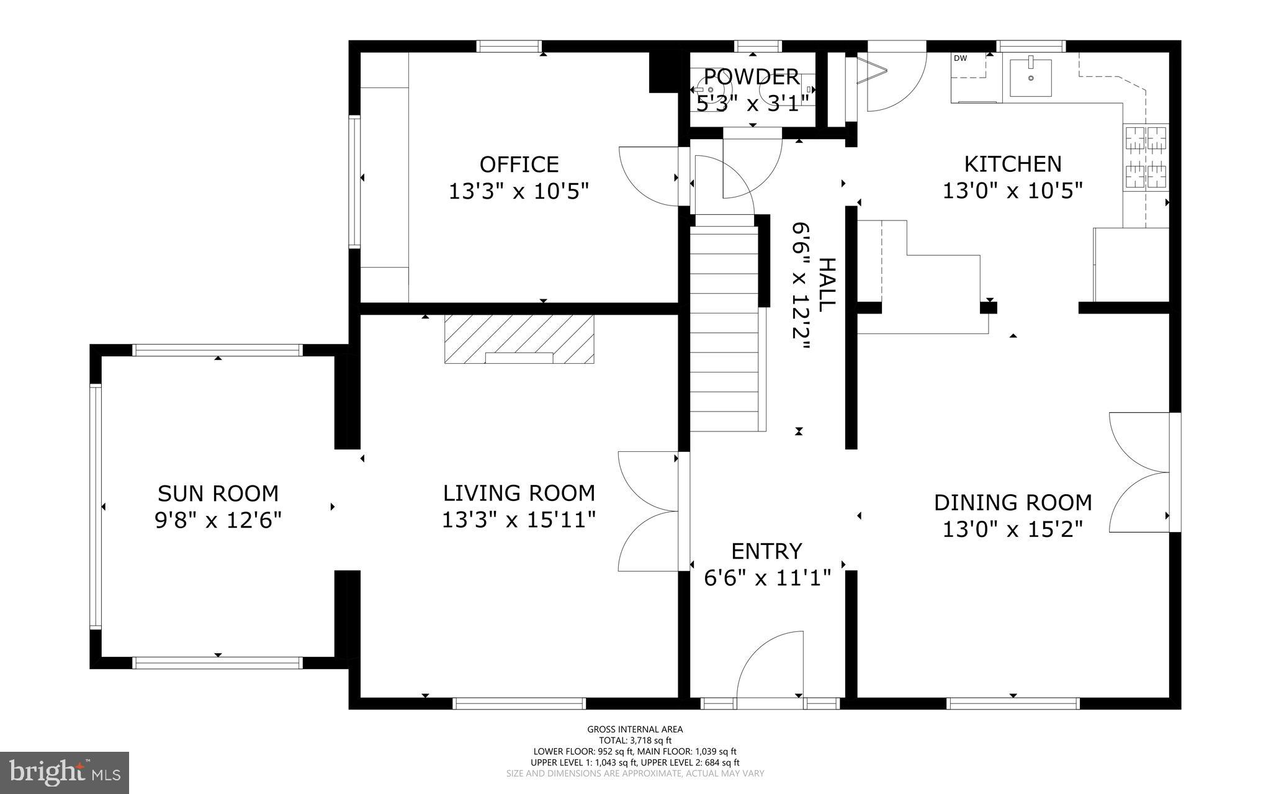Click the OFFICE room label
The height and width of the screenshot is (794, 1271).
point(519,165)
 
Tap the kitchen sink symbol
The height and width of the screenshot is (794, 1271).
point(1030,78)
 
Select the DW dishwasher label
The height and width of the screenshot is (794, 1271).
point(960,58)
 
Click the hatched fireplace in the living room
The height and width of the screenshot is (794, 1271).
point(519,338)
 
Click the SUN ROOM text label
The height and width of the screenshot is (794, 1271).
point(218,494)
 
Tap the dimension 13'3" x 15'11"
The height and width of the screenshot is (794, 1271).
point(519,520)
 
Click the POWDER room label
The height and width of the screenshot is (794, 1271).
point(752,77)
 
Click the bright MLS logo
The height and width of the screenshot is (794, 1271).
point(65,772)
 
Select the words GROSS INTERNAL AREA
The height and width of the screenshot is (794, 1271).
point(635,729)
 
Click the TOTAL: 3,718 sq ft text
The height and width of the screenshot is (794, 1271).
point(635,740)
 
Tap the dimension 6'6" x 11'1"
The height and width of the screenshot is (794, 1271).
point(767,579)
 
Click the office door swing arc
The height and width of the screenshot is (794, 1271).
point(649,176)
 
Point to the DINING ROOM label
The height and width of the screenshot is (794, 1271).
point(1013,502)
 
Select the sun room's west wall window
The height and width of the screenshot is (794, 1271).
point(95,507)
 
